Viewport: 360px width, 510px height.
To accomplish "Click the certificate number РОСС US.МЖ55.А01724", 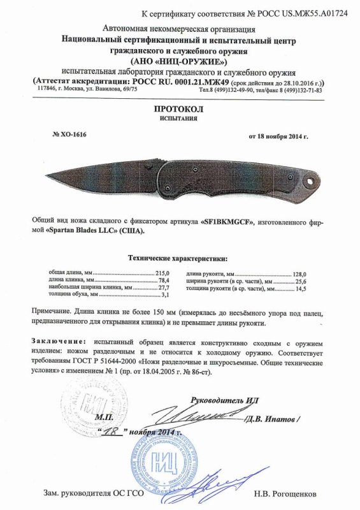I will [x=294, y=13].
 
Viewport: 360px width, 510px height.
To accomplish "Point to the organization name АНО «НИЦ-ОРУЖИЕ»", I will [x=179, y=61].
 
